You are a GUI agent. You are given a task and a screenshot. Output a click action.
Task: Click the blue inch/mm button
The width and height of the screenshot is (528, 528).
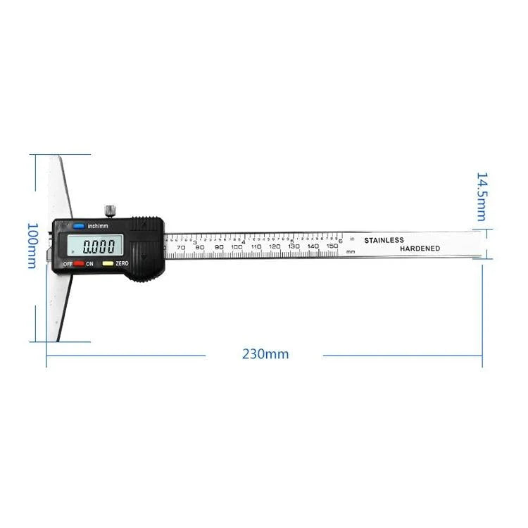[x=78, y=227]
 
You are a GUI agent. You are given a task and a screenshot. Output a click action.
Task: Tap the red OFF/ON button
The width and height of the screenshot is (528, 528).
[x=79, y=263]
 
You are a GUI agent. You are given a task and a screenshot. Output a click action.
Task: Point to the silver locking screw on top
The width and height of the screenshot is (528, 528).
[x=109, y=210]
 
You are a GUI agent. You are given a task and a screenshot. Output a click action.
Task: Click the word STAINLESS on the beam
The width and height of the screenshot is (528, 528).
[x=384, y=240]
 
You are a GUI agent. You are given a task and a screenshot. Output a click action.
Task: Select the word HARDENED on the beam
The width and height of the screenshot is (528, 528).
[x=420, y=249]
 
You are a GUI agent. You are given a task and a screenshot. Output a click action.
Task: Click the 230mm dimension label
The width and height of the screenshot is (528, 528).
[x=265, y=354]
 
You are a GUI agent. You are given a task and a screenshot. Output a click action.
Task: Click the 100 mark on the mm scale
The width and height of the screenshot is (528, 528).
[x=237, y=247]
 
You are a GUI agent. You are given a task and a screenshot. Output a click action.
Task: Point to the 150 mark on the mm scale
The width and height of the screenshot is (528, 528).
[x=332, y=246]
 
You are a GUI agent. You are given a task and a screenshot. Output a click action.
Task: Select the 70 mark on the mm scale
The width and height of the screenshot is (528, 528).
[x=181, y=248]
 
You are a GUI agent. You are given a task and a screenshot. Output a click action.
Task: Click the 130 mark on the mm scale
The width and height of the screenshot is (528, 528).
[x=294, y=246]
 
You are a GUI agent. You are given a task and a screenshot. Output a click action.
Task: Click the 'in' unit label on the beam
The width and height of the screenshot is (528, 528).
[x=352, y=239]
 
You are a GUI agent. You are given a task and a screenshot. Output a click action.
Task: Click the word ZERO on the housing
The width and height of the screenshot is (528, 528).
[x=122, y=263]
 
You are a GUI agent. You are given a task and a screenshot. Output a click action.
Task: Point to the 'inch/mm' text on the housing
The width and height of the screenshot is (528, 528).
[x=99, y=227]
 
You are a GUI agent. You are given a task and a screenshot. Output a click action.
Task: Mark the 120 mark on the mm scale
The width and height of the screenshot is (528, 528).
[x=275, y=246]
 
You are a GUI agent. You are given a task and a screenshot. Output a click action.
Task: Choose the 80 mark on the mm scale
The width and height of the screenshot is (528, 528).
[x=200, y=248]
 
